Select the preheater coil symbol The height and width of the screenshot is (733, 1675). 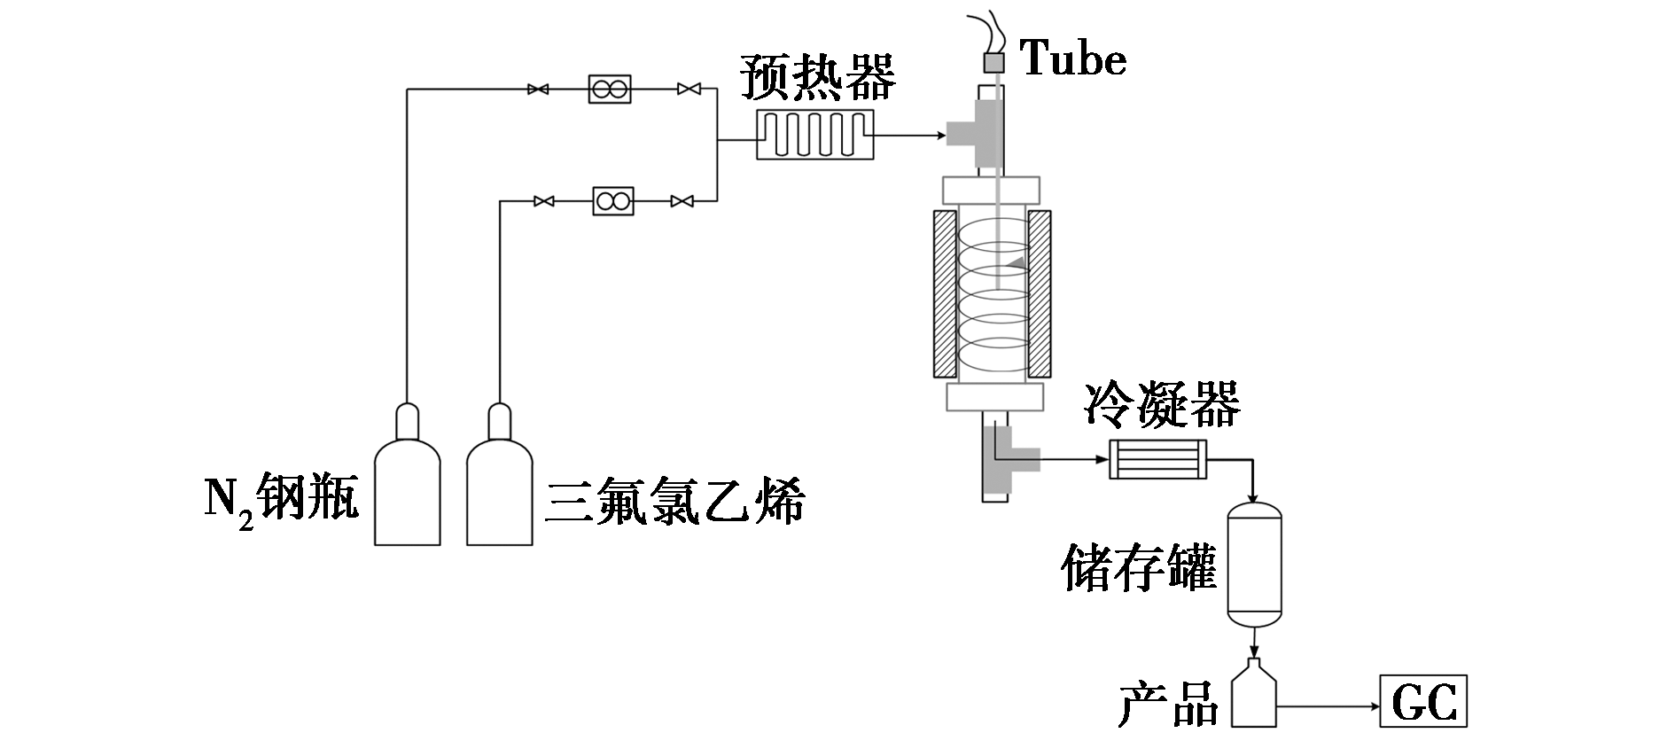point(815,135)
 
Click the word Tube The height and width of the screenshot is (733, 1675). point(1073,58)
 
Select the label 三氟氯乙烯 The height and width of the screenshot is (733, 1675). point(675,502)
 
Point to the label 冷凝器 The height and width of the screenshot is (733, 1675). point(1162,407)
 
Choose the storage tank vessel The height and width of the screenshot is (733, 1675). point(1255,564)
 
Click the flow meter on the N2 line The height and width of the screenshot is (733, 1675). point(610,89)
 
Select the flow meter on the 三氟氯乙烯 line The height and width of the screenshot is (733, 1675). point(612,201)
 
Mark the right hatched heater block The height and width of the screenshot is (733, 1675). point(1040,292)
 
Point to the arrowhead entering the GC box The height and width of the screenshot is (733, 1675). point(1373,706)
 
